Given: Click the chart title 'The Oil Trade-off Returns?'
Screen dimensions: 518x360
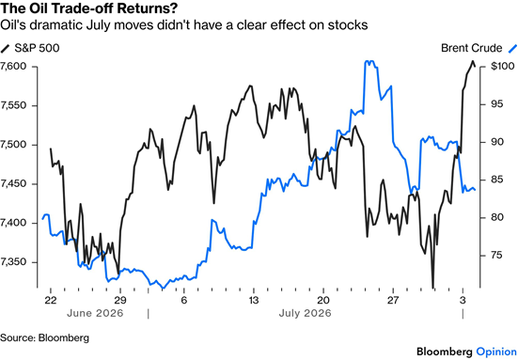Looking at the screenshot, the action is coord(88,8).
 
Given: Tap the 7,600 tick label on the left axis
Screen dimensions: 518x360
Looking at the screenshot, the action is coord(13,67).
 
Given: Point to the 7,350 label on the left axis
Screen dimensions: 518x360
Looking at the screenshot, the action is coord(13,262).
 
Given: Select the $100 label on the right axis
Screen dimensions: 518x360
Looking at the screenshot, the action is coord(502,67).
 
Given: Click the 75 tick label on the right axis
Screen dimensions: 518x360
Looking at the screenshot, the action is coord(497,256).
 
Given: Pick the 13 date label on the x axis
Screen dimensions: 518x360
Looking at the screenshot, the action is coord(254,300).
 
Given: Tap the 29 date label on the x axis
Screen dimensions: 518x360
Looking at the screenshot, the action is coord(120,300).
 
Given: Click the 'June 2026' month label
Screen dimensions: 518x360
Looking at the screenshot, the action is coord(95,313).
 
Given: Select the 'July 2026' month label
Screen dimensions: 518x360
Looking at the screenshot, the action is coord(305,313).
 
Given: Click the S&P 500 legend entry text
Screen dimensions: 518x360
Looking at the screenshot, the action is coord(37,48).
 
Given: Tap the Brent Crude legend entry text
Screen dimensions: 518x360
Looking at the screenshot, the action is coord(471,48).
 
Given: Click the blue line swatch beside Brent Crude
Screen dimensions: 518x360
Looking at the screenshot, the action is coord(512,48).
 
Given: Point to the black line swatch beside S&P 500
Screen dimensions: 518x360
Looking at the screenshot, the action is coord(5,48).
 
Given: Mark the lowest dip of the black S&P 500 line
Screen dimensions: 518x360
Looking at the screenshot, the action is coord(432,288).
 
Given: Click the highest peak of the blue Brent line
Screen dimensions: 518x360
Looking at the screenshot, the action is coord(369,61).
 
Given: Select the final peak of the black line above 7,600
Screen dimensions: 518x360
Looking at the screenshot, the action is coord(473,61).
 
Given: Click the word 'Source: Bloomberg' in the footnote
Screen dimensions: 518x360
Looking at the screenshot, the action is coord(44,337).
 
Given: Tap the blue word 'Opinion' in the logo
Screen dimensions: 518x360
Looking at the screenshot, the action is coord(496,352).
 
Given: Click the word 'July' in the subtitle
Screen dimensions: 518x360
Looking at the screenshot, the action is coord(98,25).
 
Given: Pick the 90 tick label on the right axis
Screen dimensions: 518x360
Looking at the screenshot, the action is coord(497,142).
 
